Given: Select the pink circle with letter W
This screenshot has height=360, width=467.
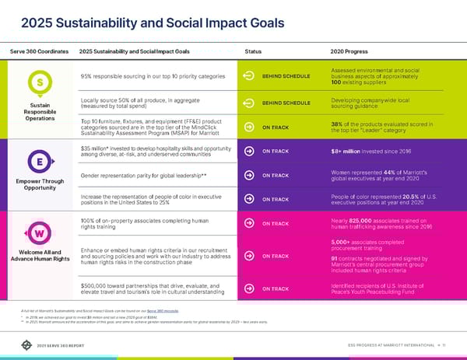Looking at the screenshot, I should pos(38,234).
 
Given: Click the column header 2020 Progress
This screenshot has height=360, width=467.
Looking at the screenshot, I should pos(348,51).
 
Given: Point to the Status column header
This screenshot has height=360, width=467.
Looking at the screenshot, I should pos(253,51).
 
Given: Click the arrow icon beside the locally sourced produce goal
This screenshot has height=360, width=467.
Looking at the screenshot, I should pos(249,103).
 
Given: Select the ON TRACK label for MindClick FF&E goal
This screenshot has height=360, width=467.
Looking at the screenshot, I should pos(276,128).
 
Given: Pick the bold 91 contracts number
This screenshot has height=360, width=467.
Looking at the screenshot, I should pos(334,258).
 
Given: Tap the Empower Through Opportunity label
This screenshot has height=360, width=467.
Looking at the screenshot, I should pos(38,185).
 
